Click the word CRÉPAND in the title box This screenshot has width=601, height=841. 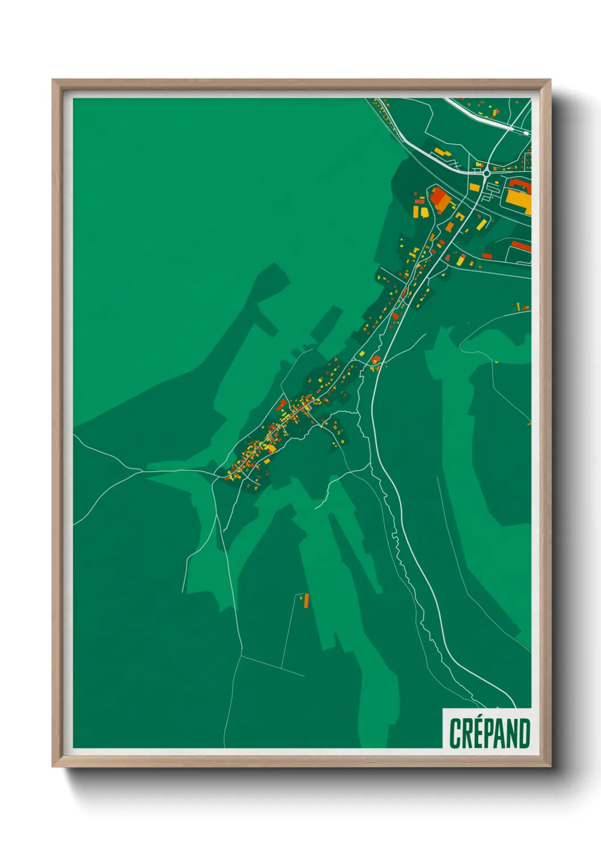pyautogui.click(x=489, y=733)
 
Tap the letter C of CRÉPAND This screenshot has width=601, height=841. pyautogui.click(x=454, y=734)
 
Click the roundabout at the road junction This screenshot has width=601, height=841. pyautogui.click(x=486, y=173)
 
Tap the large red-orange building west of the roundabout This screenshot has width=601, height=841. pyautogui.click(x=439, y=198)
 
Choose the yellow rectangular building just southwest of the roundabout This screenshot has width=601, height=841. pyautogui.click(x=474, y=187)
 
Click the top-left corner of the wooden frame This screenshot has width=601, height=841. pyautogui.click(x=53, y=80)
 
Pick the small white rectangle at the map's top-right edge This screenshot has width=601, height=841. pyautogui.click(x=527, y=134)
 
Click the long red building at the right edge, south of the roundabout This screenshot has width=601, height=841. pyautogui.click(x=521, y=245)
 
